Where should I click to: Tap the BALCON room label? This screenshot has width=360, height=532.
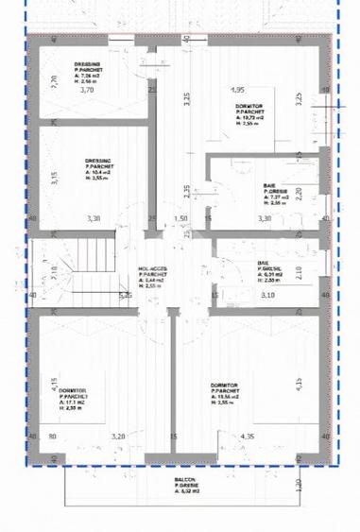pos(185,480)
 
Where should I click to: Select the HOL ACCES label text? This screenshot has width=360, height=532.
pos(153,267)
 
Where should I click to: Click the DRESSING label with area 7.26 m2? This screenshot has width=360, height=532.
pos(91,65)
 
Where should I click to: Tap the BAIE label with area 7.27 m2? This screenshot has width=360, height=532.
pos(269,187)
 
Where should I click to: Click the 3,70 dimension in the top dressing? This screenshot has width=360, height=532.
pos(88,91)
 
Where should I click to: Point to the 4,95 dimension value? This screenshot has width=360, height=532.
pos(238,90)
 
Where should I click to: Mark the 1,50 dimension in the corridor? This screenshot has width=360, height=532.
pos(181,218)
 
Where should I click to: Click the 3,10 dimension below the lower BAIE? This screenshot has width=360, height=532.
pos(268,296)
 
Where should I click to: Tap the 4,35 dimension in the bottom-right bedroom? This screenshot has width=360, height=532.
pos(248,437)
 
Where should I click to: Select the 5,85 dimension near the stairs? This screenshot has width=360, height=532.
pos(125,296)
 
